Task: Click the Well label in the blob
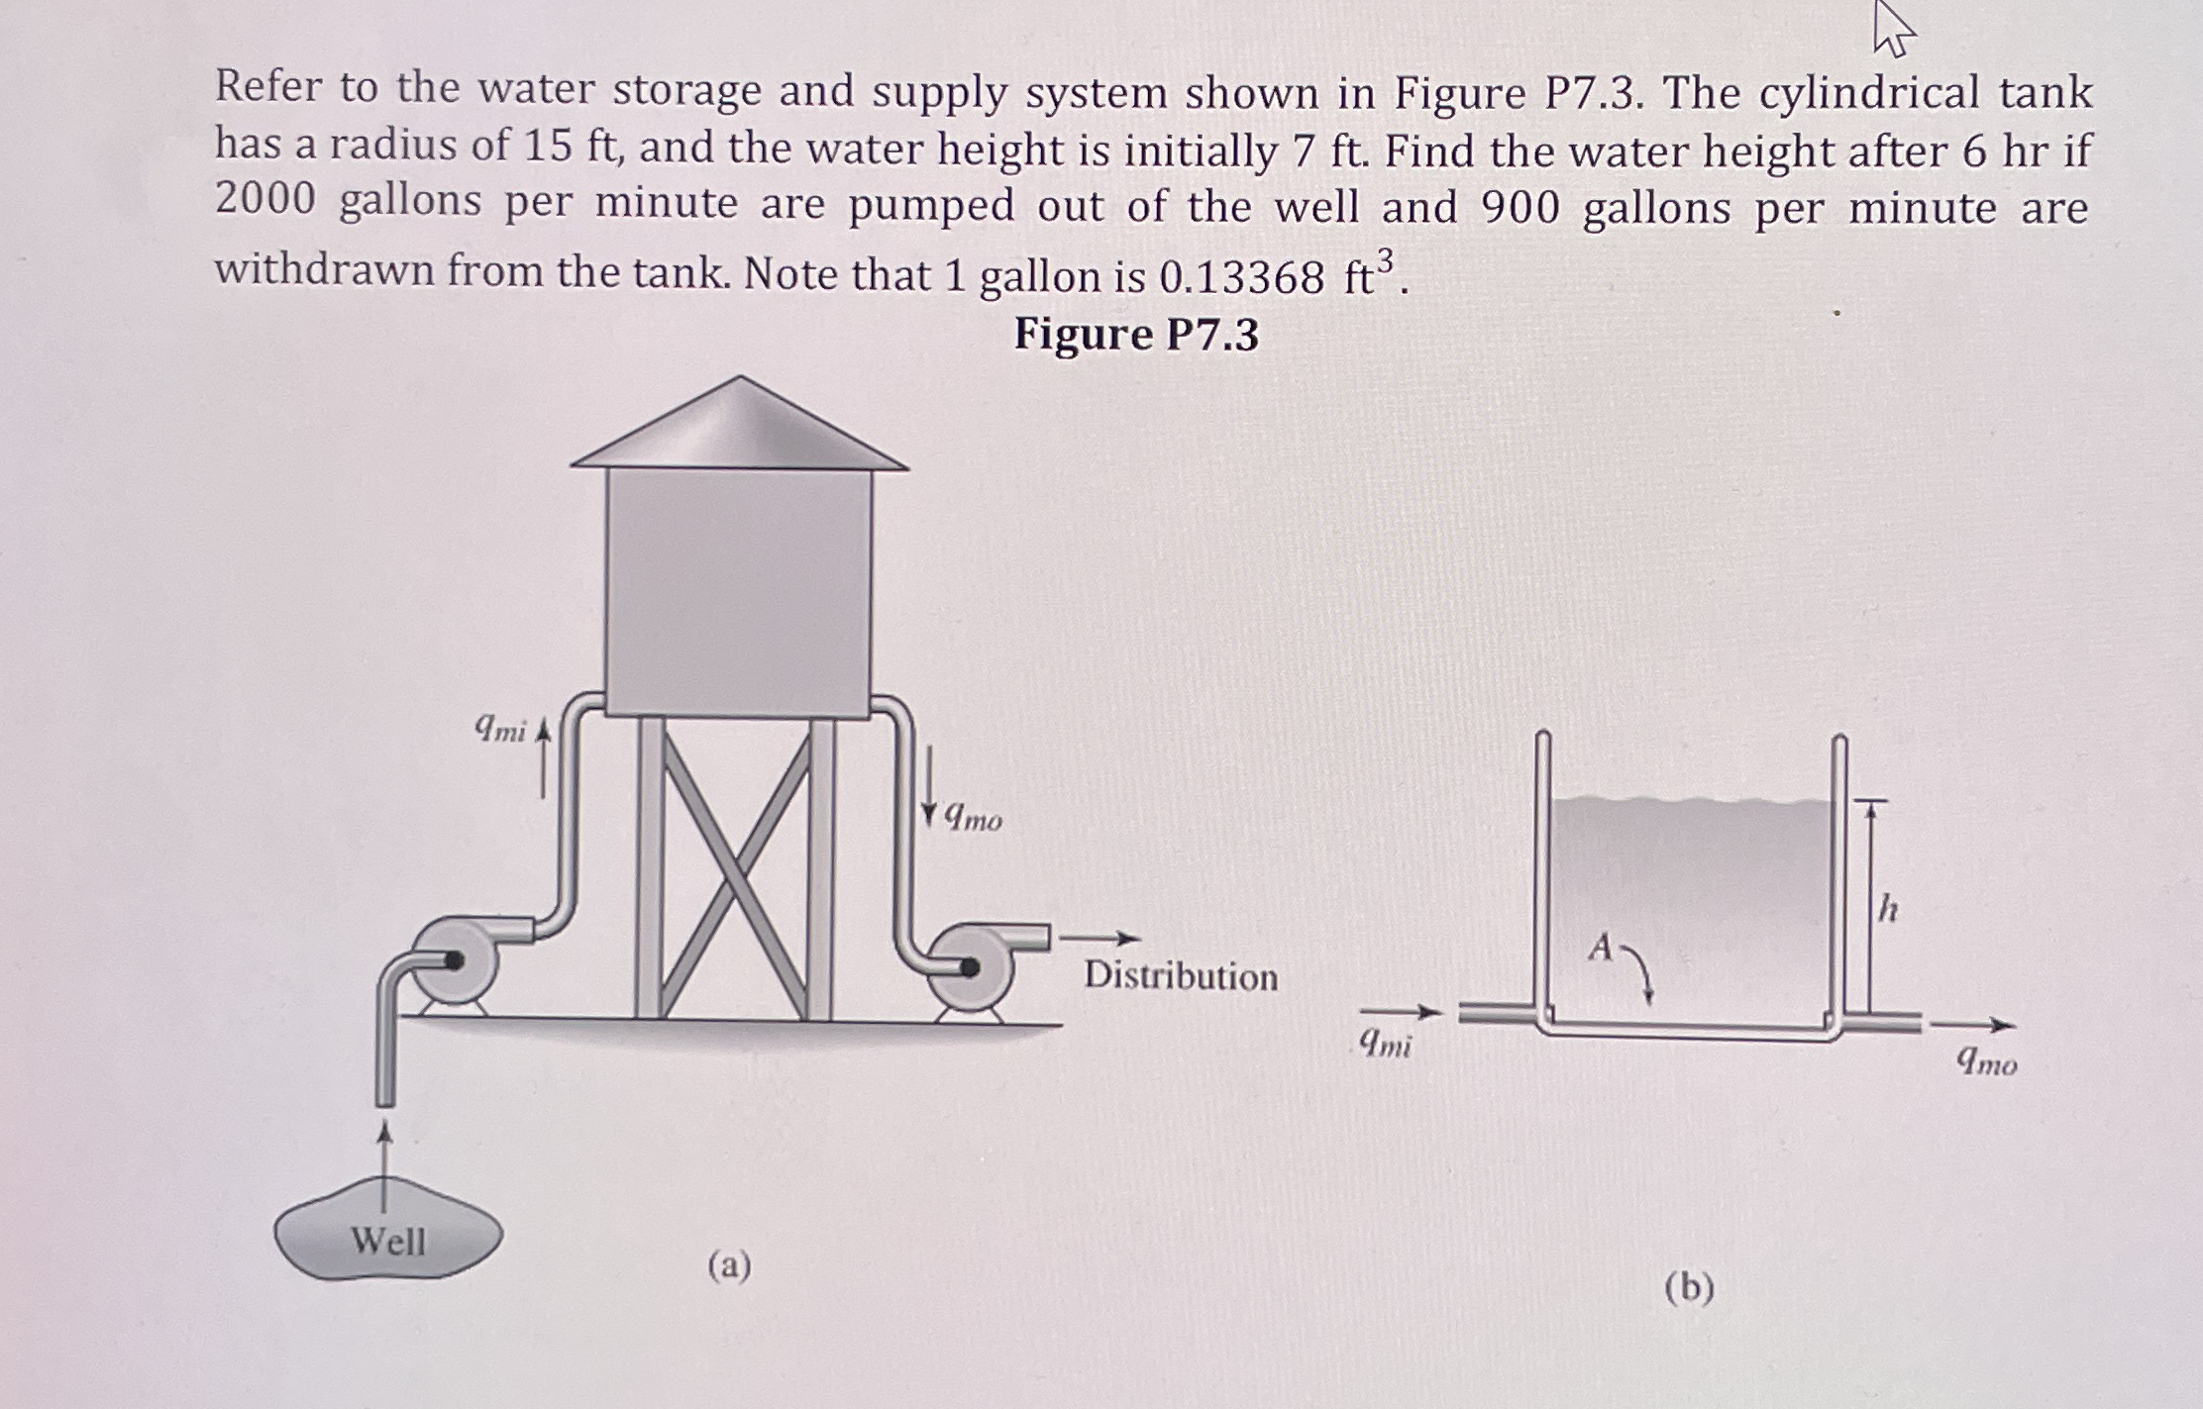388,1241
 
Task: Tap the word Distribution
1181,976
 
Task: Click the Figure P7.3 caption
1136,334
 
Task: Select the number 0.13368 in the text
1241,278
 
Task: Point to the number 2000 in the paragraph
265,201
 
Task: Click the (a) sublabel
730,1265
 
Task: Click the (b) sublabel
1690,1287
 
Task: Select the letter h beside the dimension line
1889,907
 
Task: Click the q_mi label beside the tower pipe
501,730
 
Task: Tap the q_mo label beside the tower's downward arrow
973,818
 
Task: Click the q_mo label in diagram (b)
1986,1062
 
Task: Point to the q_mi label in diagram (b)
1385,1043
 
